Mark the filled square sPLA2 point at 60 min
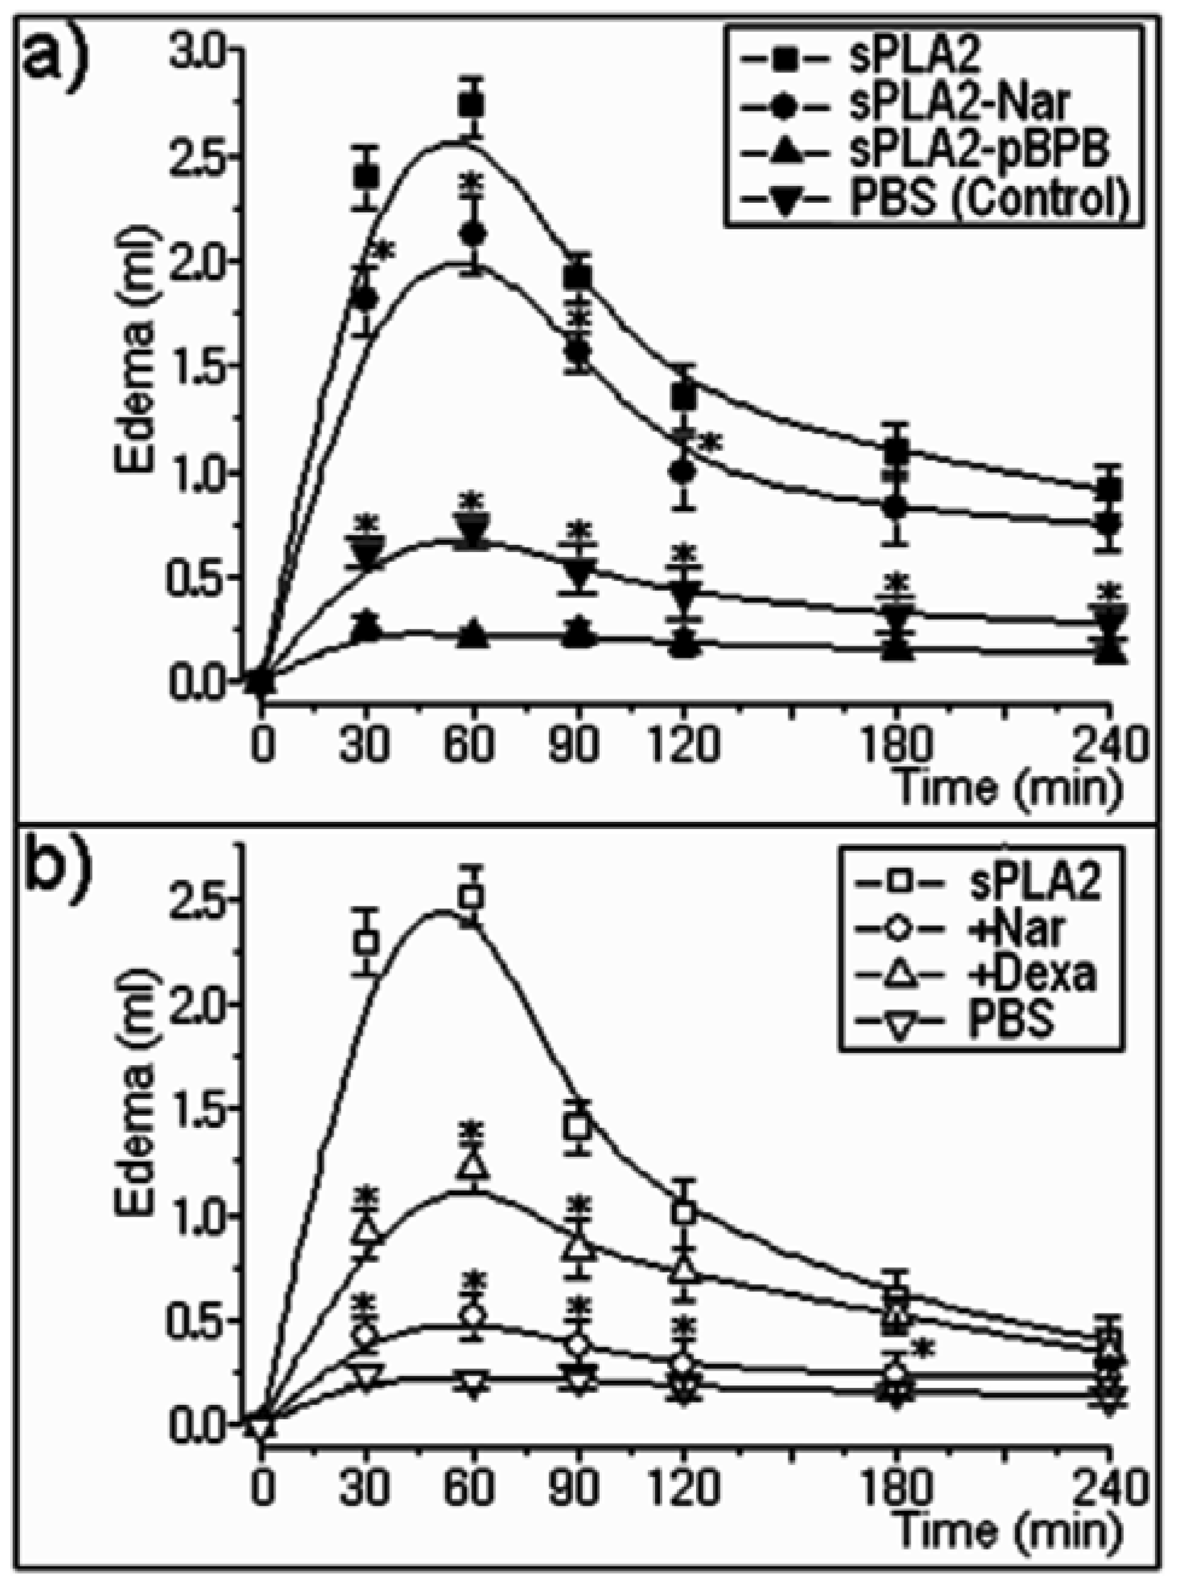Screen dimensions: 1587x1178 [472, 106]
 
